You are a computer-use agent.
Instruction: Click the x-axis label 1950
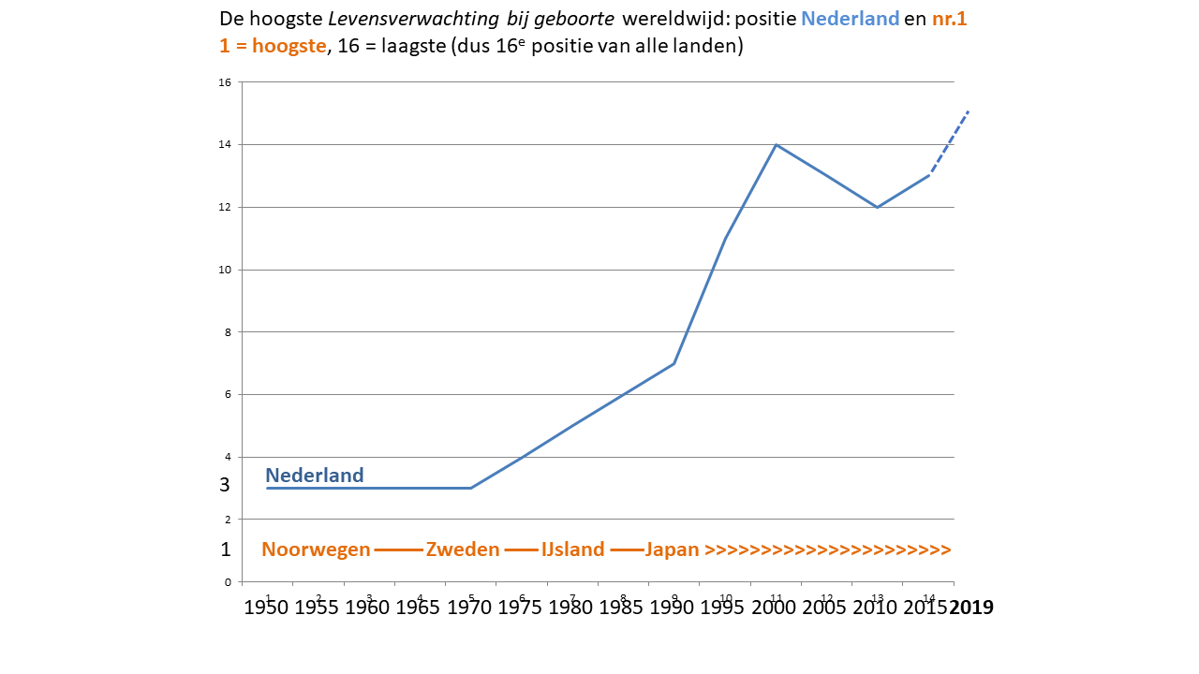[x=266, y=608]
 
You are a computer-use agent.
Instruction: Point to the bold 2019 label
[x=971, y=608]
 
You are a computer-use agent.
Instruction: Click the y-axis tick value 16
[x=224, y=82]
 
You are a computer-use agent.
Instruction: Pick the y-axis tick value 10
[x=224, y=270]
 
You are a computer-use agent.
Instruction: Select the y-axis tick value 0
[x=228, y=582]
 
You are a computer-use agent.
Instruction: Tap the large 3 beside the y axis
[x=225, y=485]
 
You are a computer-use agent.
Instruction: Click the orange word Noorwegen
[x=316, y=549]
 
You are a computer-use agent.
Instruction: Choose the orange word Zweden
[x=463, y=549]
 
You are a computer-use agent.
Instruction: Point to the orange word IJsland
[x=572, y=549]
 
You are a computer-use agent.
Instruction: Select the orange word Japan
[x=672, y=549]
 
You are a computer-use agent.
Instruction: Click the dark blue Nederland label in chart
[x=315, y=476]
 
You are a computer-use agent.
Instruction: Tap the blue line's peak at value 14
[x=776, y=144]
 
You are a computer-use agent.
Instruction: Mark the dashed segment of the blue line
[x=948, y=142]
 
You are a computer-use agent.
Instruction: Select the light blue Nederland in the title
[x=851, y=20]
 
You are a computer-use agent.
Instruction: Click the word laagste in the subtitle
[x=411, y=46]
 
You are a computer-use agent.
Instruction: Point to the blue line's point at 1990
[x=674, y=363]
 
